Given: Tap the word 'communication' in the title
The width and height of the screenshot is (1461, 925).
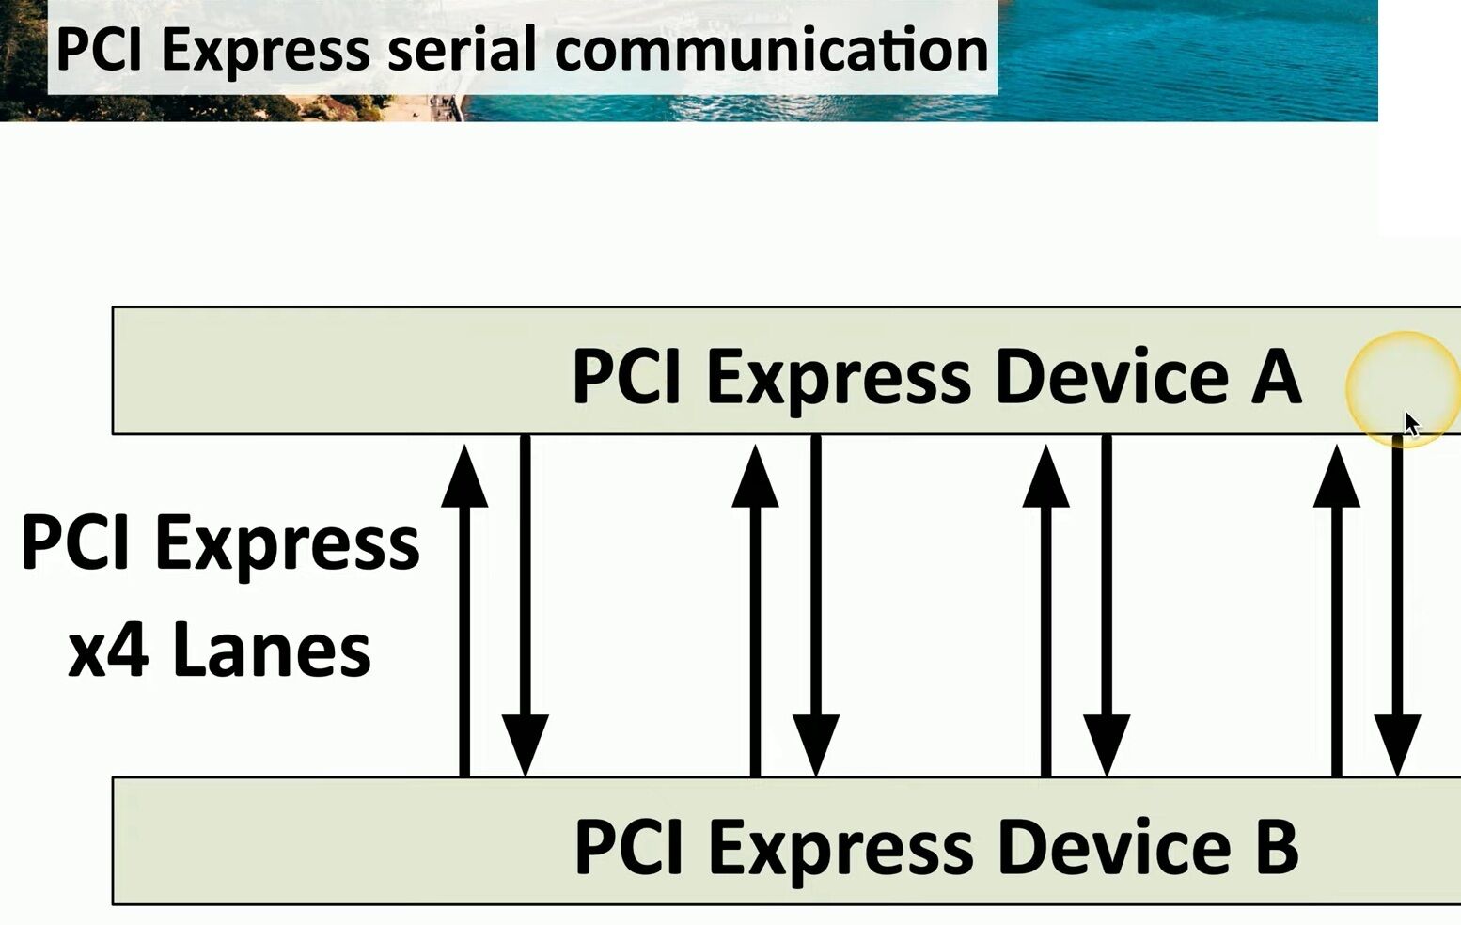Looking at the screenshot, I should pyautogui.click(x=771, y=49).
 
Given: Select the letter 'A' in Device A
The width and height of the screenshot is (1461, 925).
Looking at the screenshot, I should pyautogui.click(x=1276, y=376).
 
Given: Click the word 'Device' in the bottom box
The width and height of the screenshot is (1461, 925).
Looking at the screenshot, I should pyautogui.click(x=1113, y=846).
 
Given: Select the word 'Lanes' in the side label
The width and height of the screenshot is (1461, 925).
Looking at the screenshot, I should pyautogui.click(x=272, y=651).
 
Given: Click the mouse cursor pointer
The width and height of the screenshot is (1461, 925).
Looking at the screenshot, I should pyautogui.click(x=1411, y=425).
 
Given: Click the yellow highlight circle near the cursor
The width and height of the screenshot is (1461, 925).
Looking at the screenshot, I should pyautogui.click(x=1401, y=387).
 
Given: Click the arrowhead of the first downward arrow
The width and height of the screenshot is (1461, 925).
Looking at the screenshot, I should pyautogui.click(x=525, y=745).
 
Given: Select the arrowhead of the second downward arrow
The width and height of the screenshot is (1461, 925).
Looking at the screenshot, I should pyautogui.click(x=816, y=745).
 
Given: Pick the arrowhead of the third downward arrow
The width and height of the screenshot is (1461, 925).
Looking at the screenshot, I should pyautogui.click(x=1107, y=745).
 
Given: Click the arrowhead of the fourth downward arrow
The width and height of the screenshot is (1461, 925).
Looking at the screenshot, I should pyautogui.click(x=1397, y=745).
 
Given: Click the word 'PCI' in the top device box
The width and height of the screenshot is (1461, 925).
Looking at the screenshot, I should pyautogui.click(x=625, y=376).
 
